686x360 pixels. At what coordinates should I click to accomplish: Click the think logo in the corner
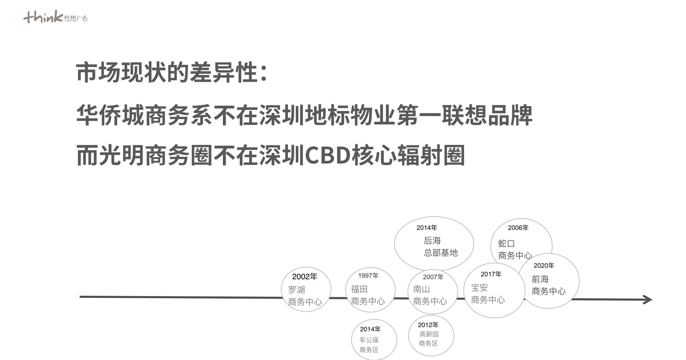pos(55,17)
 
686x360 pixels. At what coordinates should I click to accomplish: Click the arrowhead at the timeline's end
pos(647,300)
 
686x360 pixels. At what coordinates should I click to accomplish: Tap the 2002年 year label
pos(305,276)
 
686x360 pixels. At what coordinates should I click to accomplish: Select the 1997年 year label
pos(368,275)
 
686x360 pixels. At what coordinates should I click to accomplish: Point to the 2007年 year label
pos(433,277)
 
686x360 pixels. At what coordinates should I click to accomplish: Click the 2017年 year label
pos(491,274)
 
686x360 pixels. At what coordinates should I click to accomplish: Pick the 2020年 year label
pos(544,265)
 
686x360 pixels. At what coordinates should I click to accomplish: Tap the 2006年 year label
pos(518,227)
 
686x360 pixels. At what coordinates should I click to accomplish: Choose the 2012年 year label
pos(428,325)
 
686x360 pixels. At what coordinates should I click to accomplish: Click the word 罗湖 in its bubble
pos(297,290)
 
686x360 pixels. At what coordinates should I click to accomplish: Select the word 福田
pos(359,289)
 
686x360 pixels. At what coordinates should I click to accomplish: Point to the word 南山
pos(422,289)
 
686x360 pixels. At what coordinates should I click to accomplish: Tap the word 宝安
pos(479,287)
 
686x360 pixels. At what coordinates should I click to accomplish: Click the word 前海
pos(540,279)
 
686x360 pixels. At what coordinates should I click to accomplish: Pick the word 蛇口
pos(507,244)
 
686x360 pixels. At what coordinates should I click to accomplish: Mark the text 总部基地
pos(441,252)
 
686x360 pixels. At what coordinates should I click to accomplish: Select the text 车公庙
pos(369,340)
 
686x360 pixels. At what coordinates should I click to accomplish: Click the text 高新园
pos(429,334)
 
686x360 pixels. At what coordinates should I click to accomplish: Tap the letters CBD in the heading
pos(327,155)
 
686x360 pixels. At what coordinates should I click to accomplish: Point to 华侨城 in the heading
pos(110,115)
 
